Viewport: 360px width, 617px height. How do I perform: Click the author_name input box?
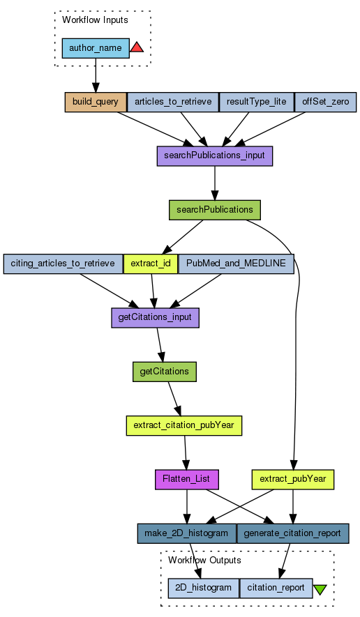[96, 48]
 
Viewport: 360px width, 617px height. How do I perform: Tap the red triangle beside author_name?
[137, 47]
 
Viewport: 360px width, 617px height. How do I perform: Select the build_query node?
[96, 102]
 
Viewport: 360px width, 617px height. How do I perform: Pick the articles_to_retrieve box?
[173, 102]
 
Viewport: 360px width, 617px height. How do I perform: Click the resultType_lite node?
[257, 102]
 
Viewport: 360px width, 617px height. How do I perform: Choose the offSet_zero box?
[325, 102]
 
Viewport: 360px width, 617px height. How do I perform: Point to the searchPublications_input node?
[215, 156]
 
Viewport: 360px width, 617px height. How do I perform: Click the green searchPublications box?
[215, 210]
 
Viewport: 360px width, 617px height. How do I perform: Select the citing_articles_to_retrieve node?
[63, 264]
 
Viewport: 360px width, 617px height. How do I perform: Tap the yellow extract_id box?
[151, 264]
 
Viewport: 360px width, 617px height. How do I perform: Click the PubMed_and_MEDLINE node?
[236, 264]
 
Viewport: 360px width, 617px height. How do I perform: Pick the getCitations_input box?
[155, 317]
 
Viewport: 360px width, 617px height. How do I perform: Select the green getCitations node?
[164, 372]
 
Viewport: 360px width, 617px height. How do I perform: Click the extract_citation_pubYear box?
[184, 425]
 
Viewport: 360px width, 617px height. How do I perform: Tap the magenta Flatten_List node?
[187, 480]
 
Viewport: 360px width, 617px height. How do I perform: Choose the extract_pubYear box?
[293, 480]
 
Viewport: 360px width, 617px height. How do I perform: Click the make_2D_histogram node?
[187, 533]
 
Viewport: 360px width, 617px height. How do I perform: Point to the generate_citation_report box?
[292, 533]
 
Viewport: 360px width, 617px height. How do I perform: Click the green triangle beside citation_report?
[320, 589]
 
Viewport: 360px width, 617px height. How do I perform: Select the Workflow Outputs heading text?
[204, 561]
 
